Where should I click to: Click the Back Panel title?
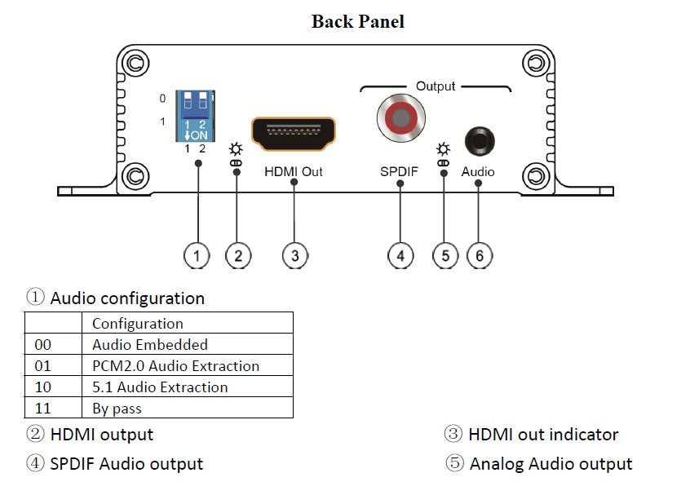pyautogui.click(x=357, y=21)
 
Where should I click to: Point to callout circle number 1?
pyautogui.click(x=197, y=255)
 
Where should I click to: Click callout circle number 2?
pyautogui.click(x=237, y=255)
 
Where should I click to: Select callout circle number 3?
pyautogui.click(x=294, y=255)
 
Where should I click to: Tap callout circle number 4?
pyautogui.click(x=400, y=255)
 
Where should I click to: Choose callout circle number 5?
pyautogui.click(x=445, y=255)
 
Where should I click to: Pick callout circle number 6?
pyautogui.click(x=480, y=255)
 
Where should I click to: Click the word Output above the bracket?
pyautogui.click(x=436, y=86)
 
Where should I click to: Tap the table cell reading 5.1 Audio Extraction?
pyautogui.click(x=160, y=387)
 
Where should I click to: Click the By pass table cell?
pyautogui.click(x=117, y=409)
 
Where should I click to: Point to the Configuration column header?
pyautogui.click(x=138, y=324)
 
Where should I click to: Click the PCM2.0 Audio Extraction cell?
pyautogui.click(x=175, y=366)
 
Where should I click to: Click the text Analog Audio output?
pyautogui.click(x=551, y=464)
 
